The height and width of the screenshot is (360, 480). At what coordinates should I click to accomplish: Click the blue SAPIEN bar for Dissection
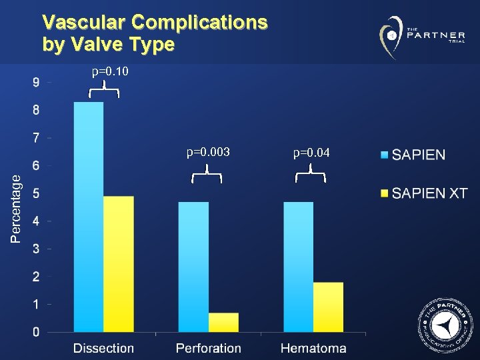pos(89,217)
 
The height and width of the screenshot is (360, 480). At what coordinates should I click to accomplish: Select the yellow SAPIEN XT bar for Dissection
pos(119,264)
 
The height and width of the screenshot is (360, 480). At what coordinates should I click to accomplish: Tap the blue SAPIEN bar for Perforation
pos(193,267)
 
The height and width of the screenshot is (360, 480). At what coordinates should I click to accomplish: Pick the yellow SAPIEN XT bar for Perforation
pos(223,322)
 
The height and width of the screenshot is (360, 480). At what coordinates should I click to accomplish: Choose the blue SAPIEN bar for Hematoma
pos(298,267)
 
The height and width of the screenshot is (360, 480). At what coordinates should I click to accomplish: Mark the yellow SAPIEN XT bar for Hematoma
pos(328,307)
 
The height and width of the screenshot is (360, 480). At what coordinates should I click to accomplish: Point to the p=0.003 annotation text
pos(208,153)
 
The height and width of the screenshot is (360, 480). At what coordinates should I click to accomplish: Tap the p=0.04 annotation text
pos(311,153)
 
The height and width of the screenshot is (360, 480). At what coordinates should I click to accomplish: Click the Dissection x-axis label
pos(103,348)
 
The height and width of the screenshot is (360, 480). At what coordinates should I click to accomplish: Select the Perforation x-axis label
pos(209,348)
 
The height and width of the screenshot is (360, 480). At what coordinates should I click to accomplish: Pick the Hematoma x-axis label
pos(313,348)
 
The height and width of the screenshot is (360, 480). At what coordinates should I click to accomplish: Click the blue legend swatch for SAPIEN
pos(384,155)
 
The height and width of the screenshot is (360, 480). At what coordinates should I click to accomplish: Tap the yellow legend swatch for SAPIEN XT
pos(384,193)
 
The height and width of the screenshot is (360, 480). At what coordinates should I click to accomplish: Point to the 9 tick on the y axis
pos(36,83)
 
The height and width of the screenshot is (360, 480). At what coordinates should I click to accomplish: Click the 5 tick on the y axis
pos(36,194)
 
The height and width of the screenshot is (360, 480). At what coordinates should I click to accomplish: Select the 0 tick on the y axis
pos(36,332)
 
